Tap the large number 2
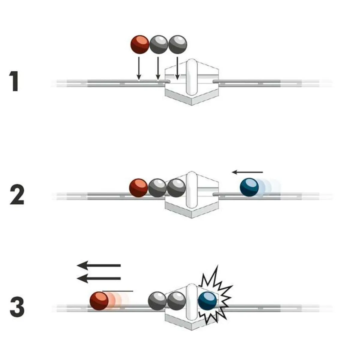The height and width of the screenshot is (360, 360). pos(17,195)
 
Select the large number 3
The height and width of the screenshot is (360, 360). pos(17,307)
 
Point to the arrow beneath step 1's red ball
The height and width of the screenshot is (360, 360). pos(138,68)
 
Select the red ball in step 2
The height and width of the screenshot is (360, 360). pos(138,188)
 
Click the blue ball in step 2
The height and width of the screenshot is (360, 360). pos(249,187)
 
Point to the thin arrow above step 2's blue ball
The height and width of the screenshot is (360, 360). pos(247,172)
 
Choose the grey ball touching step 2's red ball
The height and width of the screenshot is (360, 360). pos(157,188)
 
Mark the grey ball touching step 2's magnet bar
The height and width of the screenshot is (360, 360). pos(176,188)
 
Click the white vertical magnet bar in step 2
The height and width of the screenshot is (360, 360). pos(190,190)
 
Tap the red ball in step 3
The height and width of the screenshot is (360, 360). pos(99,301)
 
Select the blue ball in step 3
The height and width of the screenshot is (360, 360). pos(207,301)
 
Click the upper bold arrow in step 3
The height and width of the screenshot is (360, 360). pos(99,265)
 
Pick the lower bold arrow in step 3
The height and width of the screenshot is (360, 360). pos(99,279)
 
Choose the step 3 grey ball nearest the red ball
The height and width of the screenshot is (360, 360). pos(157,301)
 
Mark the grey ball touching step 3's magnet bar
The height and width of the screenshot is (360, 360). pos(176,301)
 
